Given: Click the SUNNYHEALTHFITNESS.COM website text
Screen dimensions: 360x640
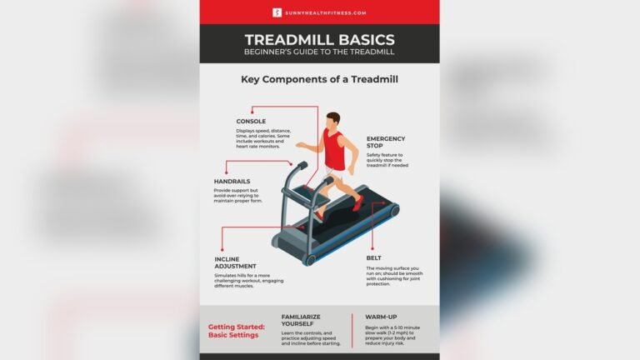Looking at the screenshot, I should (326, 12).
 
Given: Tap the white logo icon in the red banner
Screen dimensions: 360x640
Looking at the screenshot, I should (277, 12).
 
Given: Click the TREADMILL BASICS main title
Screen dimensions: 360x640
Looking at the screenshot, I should (320, 39).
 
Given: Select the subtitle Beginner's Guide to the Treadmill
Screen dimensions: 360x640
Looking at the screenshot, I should (320, 52).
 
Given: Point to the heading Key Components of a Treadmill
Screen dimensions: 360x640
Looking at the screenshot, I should (320, 81).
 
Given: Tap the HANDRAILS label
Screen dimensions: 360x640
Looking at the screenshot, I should (232, 181).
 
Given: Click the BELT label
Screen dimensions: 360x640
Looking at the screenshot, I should (374, 258).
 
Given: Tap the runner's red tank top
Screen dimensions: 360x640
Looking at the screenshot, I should (336, 152).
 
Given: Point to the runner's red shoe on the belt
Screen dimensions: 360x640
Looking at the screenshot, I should (357, 202).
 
